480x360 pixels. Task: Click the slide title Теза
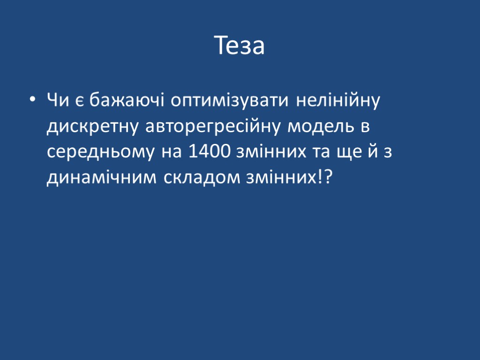tap(240, 46)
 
